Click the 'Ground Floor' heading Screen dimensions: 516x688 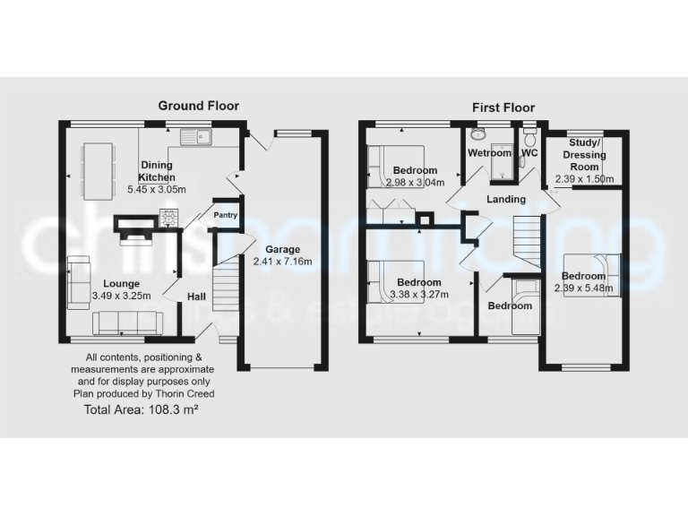[198, 106]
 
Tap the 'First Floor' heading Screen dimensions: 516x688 [503, 107]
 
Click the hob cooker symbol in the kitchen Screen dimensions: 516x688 [168, 215]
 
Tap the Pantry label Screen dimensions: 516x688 [224, 215]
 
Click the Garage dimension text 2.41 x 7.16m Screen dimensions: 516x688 [280, 262]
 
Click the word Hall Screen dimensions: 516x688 [197, 297]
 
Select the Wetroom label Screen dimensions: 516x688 [488, 153]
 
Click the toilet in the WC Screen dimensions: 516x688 [529, 140]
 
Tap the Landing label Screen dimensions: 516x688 [505, 199]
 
